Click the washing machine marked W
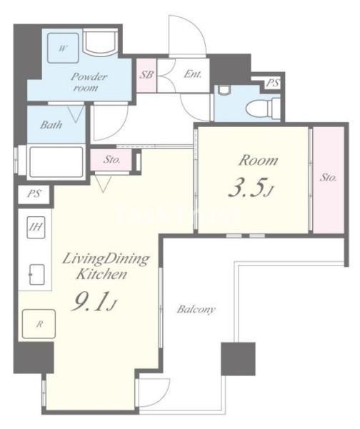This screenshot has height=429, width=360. tap(64, 48)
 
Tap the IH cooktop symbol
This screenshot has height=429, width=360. tap(36, 227)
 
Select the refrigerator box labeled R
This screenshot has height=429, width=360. tap(39, 324)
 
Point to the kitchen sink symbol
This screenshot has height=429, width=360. tap(36, 274)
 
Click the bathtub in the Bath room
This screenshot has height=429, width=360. tap(56, 162)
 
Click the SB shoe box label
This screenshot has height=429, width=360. tap(146, 75)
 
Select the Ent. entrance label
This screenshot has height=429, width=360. tap(193, 74)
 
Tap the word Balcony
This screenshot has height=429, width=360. tap(196, 310)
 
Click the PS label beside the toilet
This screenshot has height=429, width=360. tap(273, 83)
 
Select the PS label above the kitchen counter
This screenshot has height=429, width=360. tap(34, 194)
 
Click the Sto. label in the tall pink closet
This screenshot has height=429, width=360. tap(328, 178)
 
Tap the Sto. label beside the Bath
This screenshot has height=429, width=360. tap(111, 159)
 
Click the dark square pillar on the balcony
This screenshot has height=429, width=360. tap(238, 358)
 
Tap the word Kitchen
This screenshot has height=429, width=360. tap(101, 274)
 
